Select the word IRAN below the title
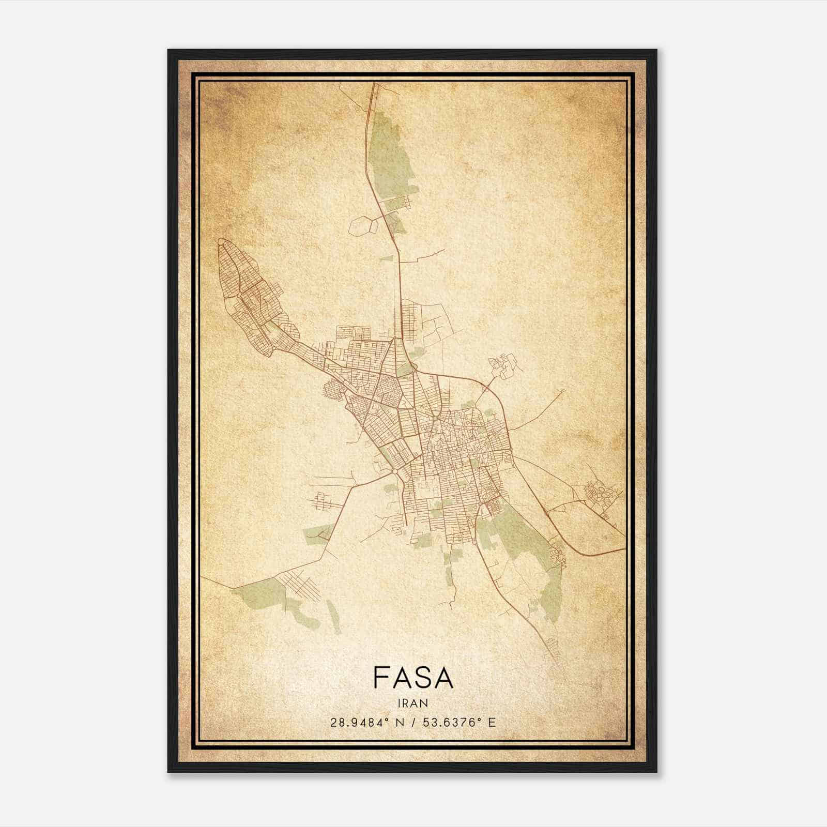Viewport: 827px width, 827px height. coord(412,703)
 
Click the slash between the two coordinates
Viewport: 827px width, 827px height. coord(413,723)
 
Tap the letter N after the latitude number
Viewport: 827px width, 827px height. coord(400,723)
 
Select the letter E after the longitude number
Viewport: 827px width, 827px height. coord(492,723)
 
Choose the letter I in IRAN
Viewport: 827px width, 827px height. coord(399,703)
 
